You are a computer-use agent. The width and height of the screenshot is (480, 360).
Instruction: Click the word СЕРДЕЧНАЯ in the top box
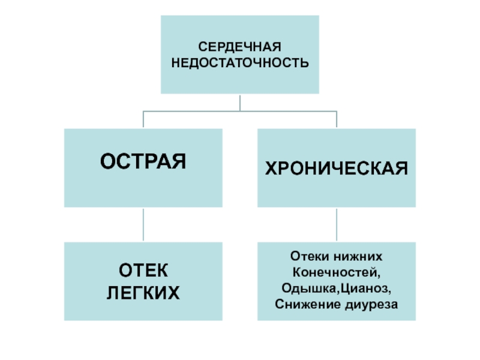tap(239, 47)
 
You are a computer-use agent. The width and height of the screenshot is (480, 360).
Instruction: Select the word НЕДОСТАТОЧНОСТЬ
tap(240, 63)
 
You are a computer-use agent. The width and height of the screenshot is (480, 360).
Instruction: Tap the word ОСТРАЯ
tap(143, 161)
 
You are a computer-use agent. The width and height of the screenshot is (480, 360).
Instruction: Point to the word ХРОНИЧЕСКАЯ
tap(337, 168)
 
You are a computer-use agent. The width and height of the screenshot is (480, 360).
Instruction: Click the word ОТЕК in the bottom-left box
tap(143, 271)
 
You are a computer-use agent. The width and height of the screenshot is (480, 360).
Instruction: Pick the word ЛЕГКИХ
tap(143, 293)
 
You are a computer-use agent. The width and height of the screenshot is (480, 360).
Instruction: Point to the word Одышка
tap(309, 289)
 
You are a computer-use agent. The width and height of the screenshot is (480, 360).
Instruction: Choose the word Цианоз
tap(364, 288)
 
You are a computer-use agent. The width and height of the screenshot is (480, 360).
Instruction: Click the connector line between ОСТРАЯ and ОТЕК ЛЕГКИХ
tap(143, 224)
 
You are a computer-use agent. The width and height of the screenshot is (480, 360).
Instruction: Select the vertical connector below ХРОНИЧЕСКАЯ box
tap(337, 224)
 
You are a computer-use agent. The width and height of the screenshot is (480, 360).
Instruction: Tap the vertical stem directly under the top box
tap(240, 103)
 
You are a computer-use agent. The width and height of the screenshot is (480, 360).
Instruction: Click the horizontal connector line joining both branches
tap(240, 111)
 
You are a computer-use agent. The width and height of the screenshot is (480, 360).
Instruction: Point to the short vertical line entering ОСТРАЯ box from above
tap(143, 119)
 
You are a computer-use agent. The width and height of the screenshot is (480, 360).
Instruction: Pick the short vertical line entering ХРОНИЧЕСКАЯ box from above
tap(337, 119)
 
